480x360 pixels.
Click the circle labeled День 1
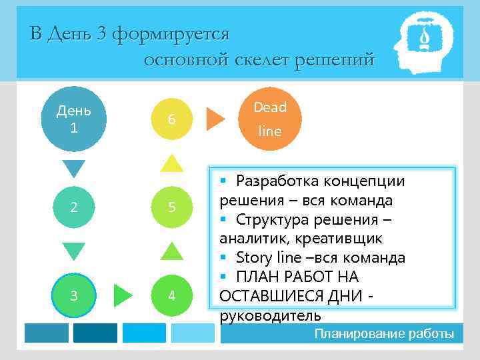click(73, 119)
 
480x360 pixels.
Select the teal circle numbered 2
click(73, 207)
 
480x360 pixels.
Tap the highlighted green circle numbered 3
click(73, 295)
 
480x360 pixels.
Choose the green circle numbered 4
click(172, 295)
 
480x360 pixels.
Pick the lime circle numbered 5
click(172, 207)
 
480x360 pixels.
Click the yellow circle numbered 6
click(172, 119)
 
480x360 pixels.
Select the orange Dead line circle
click(270, 119)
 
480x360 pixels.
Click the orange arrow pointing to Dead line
click(215, 118)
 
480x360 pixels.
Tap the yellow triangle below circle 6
click(172, 163)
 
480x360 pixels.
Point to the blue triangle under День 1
click(73, 168)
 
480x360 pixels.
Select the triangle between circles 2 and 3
click(73, 251)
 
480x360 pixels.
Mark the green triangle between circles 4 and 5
click(172, 251)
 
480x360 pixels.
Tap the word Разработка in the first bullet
click(272, 181)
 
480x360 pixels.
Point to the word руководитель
click(270, 315)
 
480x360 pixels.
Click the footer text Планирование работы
click(384, 333)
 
